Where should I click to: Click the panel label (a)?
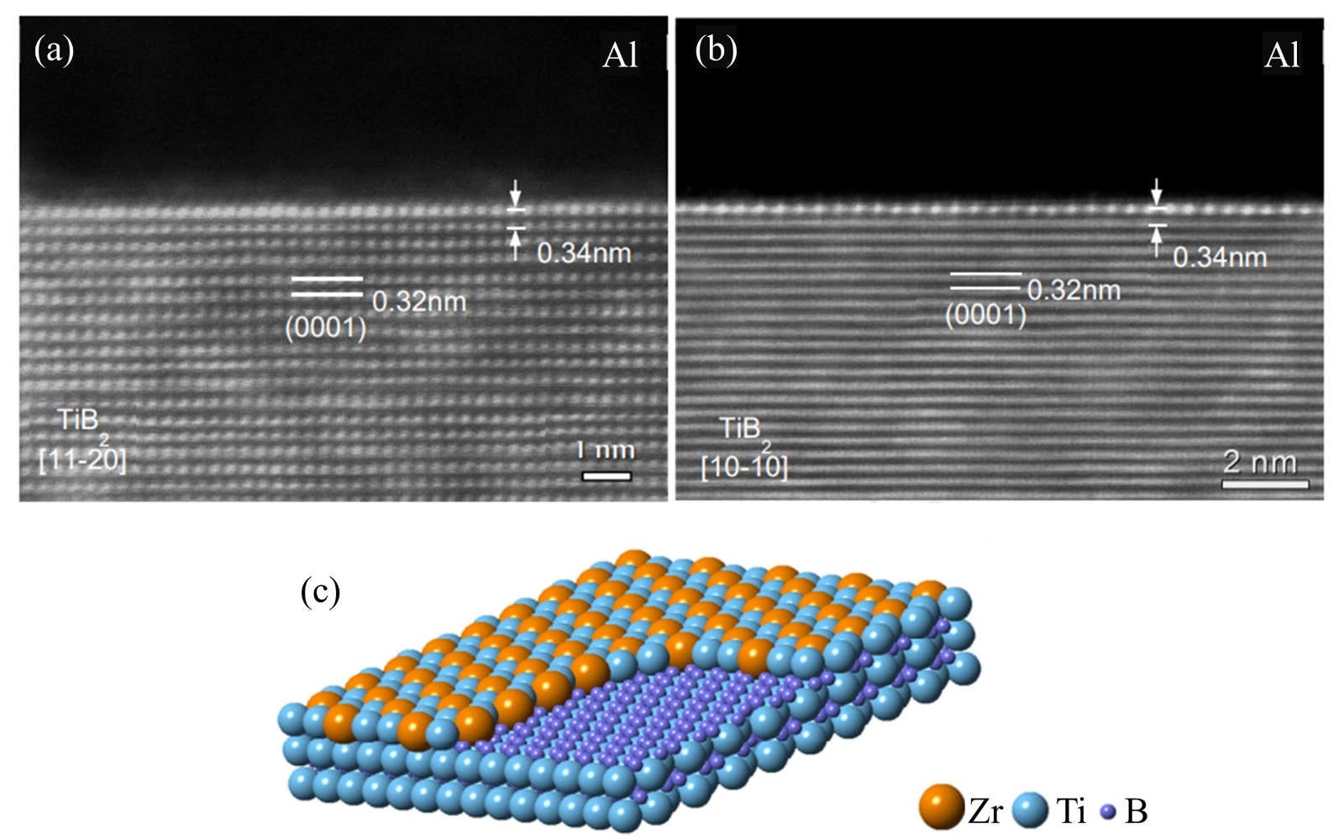tap(54, 51)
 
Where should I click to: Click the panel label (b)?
tap(717, 50)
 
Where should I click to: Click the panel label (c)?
tap(320, 592)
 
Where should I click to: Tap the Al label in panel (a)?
tap(620, 55)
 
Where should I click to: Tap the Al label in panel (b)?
tap(1281, 55)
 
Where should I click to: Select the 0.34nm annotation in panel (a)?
tap(584, 253)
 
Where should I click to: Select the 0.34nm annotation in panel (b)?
tap(1219, 257)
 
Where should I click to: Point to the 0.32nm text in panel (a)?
tap(418, 301)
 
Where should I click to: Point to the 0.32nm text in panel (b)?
tap(1074, 291)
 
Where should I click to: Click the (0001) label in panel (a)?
tap(325, 328)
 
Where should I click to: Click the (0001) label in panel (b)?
tap(985, 316)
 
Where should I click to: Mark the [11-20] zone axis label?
tap(82, 460)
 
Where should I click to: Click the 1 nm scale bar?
tap(606, 476)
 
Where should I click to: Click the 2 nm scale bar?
tap(1265, 484)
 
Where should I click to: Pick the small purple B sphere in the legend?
tap(1109, 812)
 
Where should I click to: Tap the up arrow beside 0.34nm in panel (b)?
tap(1157, 242)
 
